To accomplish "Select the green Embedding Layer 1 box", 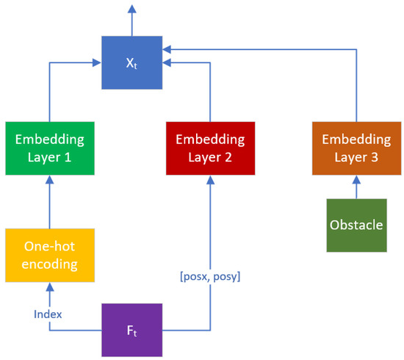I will tap(50, 148).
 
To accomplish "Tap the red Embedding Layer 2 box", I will tap(210, 148).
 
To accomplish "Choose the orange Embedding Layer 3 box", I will tap(356, 148).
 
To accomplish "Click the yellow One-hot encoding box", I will tap(50, 255).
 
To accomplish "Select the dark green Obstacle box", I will tap(356, 225).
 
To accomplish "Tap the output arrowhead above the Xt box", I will tap(131, 9).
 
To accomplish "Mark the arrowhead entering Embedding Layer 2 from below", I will tap(210, 181).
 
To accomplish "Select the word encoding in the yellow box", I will tap(50, 264).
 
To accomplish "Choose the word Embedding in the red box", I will tap(210, 139).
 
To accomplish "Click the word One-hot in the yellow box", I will tap(50, 246).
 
